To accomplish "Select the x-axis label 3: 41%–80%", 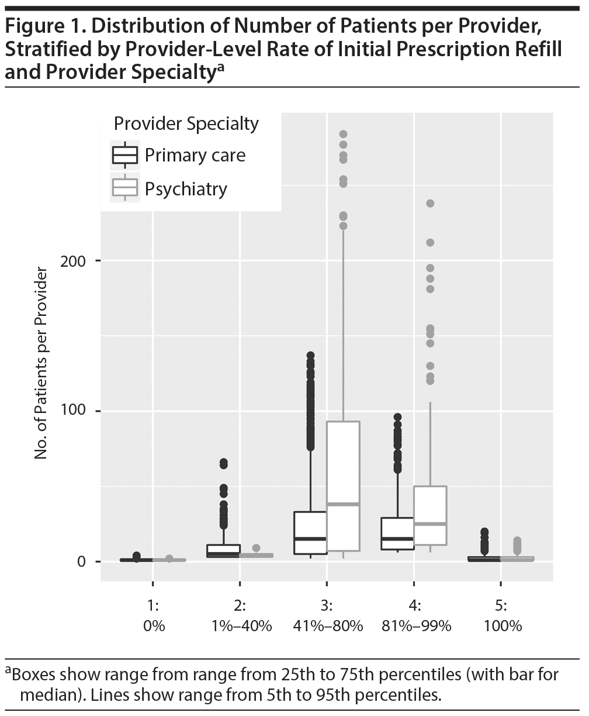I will (x=327, y=617).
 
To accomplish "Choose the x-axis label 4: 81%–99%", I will (x=414, y=617).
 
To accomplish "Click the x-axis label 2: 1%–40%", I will (x=240, y=617).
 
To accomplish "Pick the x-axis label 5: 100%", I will (x=501, y=617).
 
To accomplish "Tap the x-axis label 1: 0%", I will (x=153, y=617).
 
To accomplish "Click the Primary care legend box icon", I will (x=125, y=156).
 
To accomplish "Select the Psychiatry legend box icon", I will (x=125, y=188).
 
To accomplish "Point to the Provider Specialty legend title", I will (x=186, y=124).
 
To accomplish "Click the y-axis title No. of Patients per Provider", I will (x=41, y=363).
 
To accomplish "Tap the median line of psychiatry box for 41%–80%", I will (x=343, y=504).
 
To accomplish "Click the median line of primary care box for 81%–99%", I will (x=397, y=538).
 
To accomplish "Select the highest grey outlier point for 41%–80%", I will (x=343, y=135).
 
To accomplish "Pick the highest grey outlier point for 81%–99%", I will (x=430, y=204).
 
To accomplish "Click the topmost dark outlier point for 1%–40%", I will (x=223, y=463).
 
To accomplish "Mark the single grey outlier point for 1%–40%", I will (x=256, y=548).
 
